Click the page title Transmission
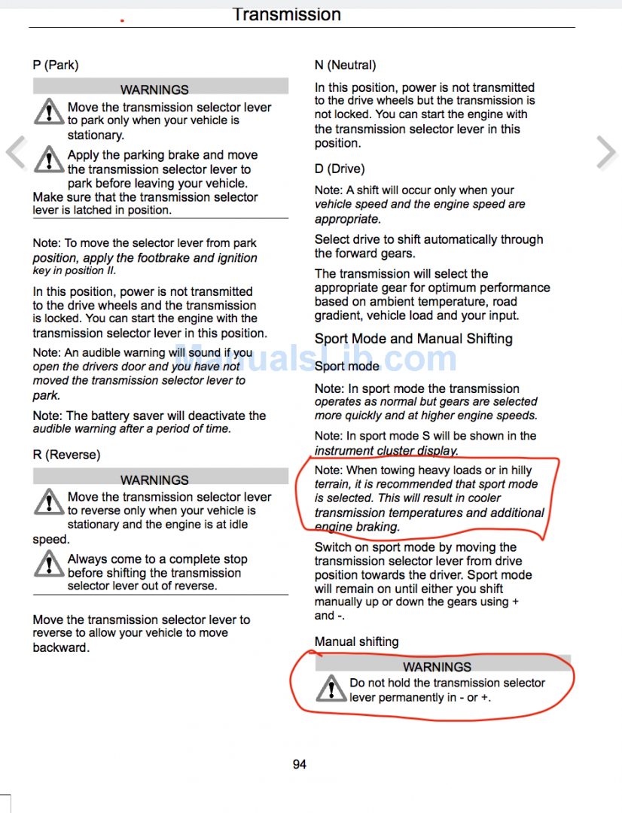pyautogui.click(x=286, y=14)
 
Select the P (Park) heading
pyautogui.click(x=56, y=65)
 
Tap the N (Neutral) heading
pyautogui.click(x=345, y=65)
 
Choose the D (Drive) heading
pyautogui.click(x=340, y=169)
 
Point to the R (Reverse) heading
pyautogui.click(x=66, y=455)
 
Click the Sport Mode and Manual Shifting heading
pyautogui.click(x=413, y=339)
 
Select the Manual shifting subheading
pyautogui.click(x=356, y=641)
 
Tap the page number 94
pyautogui.click(x=300, y=764)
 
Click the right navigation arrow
pyautogui.click(x=606, y=153)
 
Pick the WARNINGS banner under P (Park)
pyautogui.click(x=154, y=90)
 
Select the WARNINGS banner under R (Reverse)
pyautogui.click(x=154, y=480)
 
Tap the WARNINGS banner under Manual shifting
pyautogui.click(x=437, y=667)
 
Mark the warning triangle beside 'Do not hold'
pyautogui.click(x=330, y=689)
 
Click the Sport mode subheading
pyautogui.click(x=347, y=367)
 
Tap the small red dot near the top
pyautogui.click(x=122, y=20)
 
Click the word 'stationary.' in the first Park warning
pyautogui.click(x=96, y=135)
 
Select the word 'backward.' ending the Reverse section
pyautogui.click(x=61, y=647)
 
